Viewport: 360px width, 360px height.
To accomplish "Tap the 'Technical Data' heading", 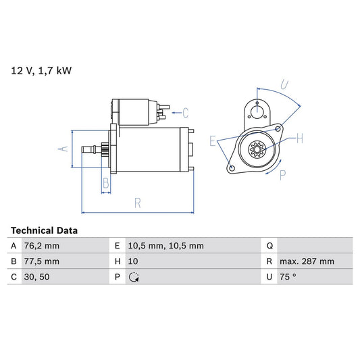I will (44, 230).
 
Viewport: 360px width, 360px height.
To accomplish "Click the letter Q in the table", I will (270, 246).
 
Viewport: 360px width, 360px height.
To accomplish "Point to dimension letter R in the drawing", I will (137, 202).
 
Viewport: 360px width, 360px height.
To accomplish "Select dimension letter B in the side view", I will (105, 182).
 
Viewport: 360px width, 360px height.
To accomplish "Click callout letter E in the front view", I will (213, 141).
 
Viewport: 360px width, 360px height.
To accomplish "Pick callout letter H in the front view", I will (299, 138).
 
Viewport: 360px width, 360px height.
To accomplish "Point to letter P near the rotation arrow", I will (282, 175).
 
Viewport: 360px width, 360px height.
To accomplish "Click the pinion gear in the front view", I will (257, 149).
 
